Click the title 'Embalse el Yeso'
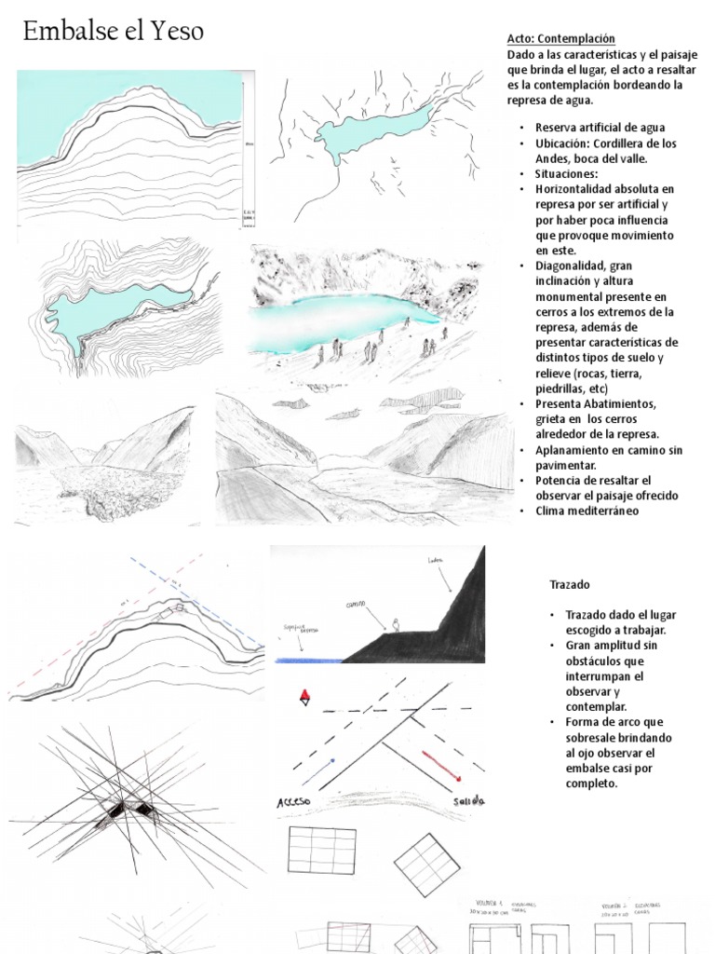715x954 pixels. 113,32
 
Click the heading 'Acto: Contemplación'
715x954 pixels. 561,38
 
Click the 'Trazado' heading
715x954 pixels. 569,584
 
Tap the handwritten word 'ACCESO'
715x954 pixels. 295,803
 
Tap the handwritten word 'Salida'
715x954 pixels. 468,801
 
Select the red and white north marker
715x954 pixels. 304,699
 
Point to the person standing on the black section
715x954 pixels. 396,625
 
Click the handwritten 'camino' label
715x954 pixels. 357,604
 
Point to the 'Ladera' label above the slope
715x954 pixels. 434,560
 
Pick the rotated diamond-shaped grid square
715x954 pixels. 426,864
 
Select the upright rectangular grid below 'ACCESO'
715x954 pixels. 321,851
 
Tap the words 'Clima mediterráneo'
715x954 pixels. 587,511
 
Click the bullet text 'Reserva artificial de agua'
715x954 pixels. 600,127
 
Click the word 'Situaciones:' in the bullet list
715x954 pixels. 566,173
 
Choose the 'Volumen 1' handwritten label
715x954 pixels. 485,904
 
